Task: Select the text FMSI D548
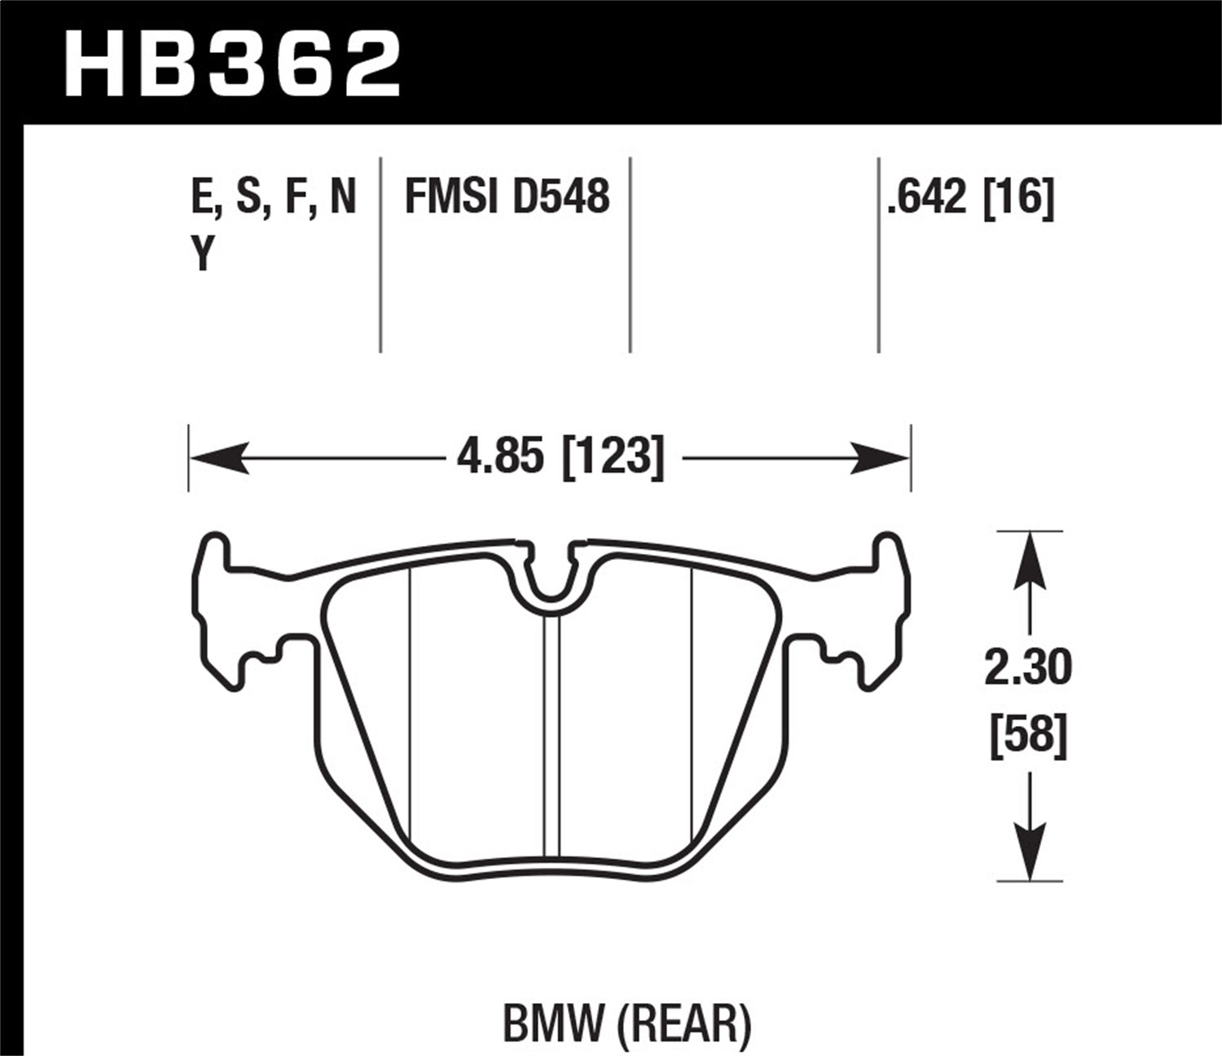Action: point(507,198)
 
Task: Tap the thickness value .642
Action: point(930,198)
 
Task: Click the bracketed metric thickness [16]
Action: point(1019,198)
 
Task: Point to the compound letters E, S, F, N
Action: point(274,198)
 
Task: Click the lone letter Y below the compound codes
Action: point(202,255)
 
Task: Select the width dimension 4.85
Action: point(499,458)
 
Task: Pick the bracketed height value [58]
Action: point(1028,737)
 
